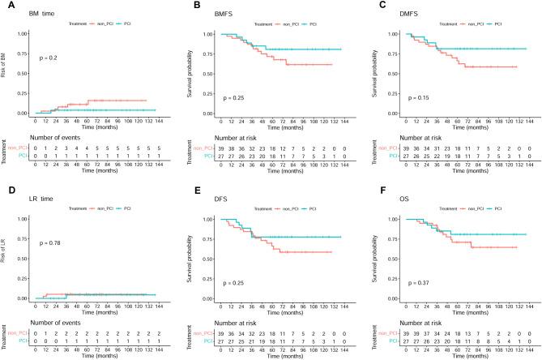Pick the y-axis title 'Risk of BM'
click(6, 73)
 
